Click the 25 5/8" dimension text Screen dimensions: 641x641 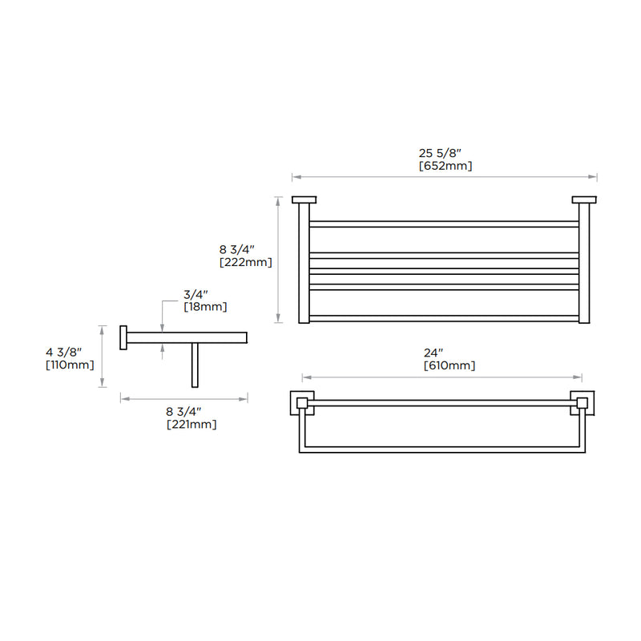(445, 152)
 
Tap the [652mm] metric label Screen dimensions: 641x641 (445, 166)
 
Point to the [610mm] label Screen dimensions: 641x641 (449, 365)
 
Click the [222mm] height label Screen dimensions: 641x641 (245, 262)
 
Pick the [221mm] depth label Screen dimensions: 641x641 (191, 425)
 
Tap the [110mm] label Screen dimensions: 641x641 (71, 365)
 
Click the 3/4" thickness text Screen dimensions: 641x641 (196, 293)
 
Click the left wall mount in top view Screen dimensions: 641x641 (304, 200)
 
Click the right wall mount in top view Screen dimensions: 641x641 (584, 200)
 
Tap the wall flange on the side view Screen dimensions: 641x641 (123, 337)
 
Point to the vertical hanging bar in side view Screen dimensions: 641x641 (193, 365)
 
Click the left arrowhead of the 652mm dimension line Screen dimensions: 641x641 (294, 177)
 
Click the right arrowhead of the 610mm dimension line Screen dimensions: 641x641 (579, 377)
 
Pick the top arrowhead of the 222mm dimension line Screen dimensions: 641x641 (278, 200)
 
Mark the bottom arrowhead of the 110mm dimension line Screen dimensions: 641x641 (103, 385)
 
